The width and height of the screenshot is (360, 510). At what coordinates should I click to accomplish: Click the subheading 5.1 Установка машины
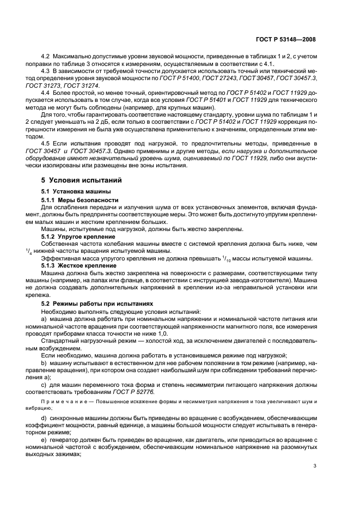click(x=69, y=191)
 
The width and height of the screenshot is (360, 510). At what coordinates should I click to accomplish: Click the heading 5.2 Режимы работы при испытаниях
click(x=89, y=302)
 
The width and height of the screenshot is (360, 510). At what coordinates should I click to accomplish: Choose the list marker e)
click(x=45, y=439)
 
